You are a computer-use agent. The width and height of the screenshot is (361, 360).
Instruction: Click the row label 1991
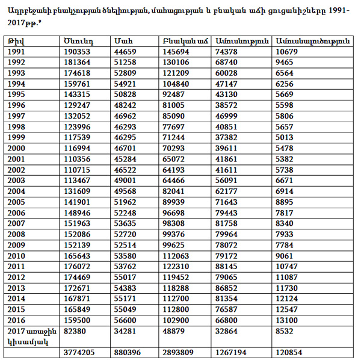click(17, 52)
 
